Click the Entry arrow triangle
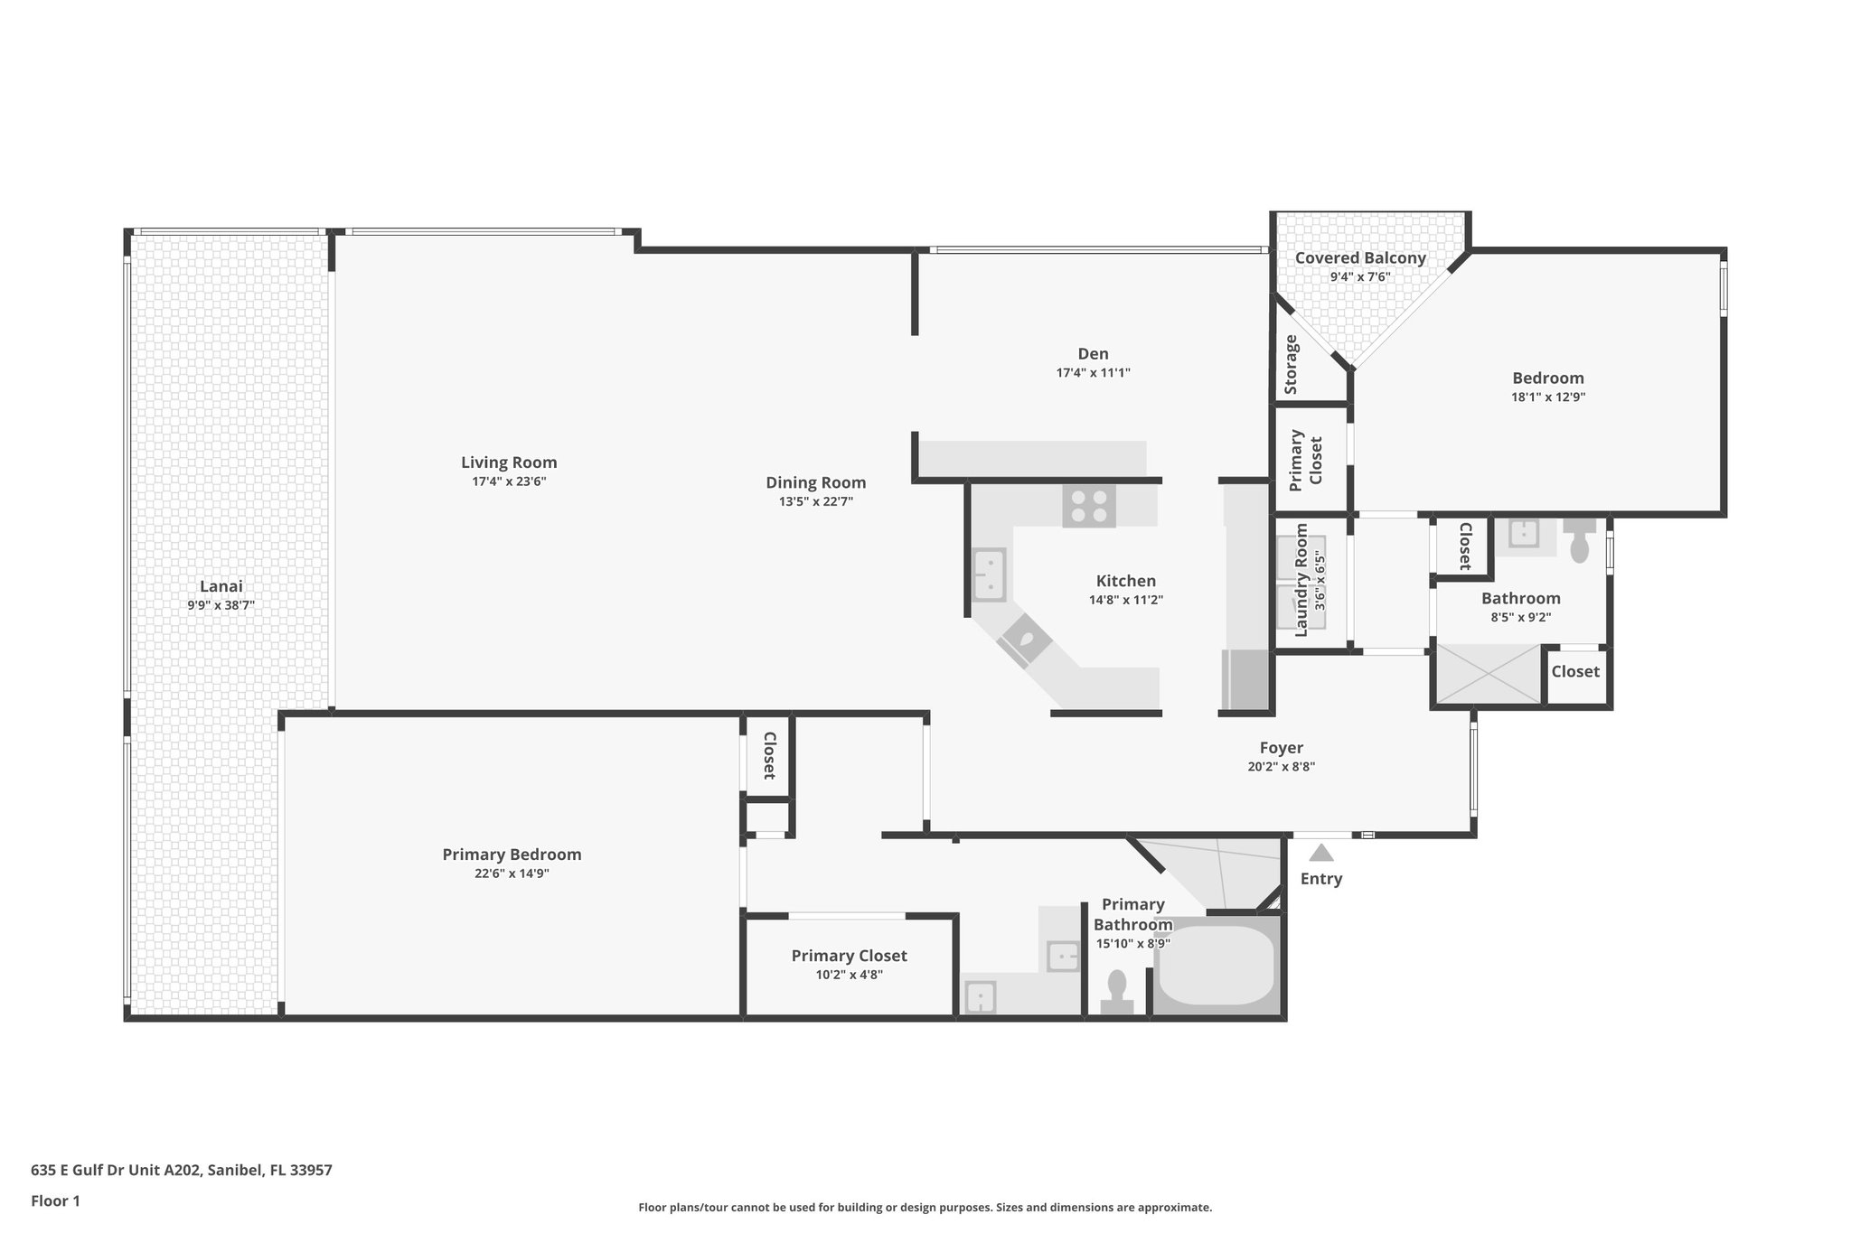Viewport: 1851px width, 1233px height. point(1321,853)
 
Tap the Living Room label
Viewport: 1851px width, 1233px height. point(509,462)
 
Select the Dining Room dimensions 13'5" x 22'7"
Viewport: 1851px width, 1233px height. point(815,501)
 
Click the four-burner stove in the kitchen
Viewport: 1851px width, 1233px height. point(1088,506)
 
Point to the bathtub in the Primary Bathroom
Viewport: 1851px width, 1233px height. point(1216,964)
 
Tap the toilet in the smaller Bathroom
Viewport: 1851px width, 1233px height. point(1579,542)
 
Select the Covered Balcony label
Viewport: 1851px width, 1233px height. point(1359,257)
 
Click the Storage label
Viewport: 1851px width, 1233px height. point(1292,364)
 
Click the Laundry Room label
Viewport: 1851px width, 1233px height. point(1301,580)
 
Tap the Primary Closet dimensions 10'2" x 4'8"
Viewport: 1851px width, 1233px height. point(849,975)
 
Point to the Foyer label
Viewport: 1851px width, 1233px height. point(1281,747)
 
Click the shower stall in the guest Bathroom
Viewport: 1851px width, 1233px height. point(1488,674)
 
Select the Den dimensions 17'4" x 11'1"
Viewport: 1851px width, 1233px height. point(1093,372)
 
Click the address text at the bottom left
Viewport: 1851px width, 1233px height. point(182,1170)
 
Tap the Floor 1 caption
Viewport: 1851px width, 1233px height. point(56,1200)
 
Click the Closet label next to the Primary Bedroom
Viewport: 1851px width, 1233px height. point(769,755)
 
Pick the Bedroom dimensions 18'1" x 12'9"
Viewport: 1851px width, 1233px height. point(1547,397)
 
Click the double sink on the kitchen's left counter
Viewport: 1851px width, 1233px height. point(989,574)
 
